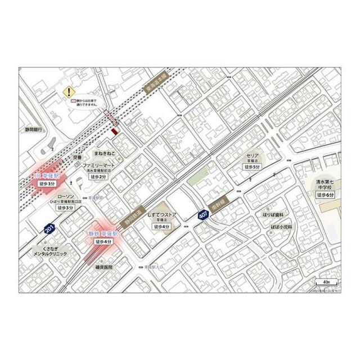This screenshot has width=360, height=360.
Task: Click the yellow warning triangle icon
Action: click(x=68, y=91)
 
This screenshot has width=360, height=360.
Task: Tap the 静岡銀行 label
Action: click(x=34, y=129)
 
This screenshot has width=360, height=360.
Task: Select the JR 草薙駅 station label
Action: click(x=47, y=175)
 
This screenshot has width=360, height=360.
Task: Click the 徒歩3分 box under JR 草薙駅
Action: click(x=47, y=183)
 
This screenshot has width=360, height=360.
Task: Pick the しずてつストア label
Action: click(x=162, y=217)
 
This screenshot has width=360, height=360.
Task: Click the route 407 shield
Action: click(x=203, y=215)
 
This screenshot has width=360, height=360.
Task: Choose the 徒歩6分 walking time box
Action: click(x=326, y=194)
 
